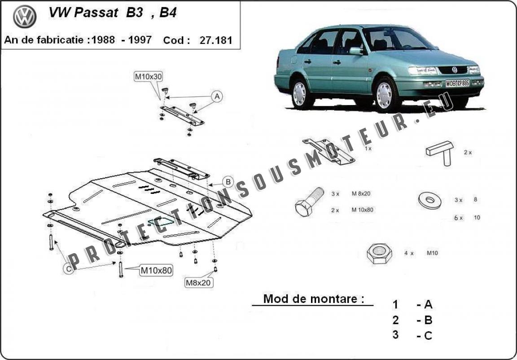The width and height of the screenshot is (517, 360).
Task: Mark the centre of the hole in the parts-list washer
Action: tap(429, 200)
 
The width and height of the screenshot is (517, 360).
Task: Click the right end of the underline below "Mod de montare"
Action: tap(373, 306)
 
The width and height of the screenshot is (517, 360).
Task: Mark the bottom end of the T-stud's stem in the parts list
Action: tap(447, 164)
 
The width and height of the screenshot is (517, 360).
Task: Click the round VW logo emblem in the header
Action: tap(25, 17)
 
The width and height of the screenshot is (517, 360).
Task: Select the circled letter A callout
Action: tap(217, 96)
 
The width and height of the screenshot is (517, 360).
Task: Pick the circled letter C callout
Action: tap(68, 269)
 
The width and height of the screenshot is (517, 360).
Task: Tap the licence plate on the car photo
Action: tap(457, 83)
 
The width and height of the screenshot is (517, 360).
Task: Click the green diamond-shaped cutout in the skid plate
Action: tap(161, 222)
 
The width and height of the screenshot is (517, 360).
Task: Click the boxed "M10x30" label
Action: tap(149, 77)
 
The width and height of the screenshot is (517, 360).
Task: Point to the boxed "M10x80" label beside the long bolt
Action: tap(156, 271)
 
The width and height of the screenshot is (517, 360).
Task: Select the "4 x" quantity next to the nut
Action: tap(409, 253)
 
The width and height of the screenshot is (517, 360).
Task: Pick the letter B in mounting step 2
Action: tap(428, 320)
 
